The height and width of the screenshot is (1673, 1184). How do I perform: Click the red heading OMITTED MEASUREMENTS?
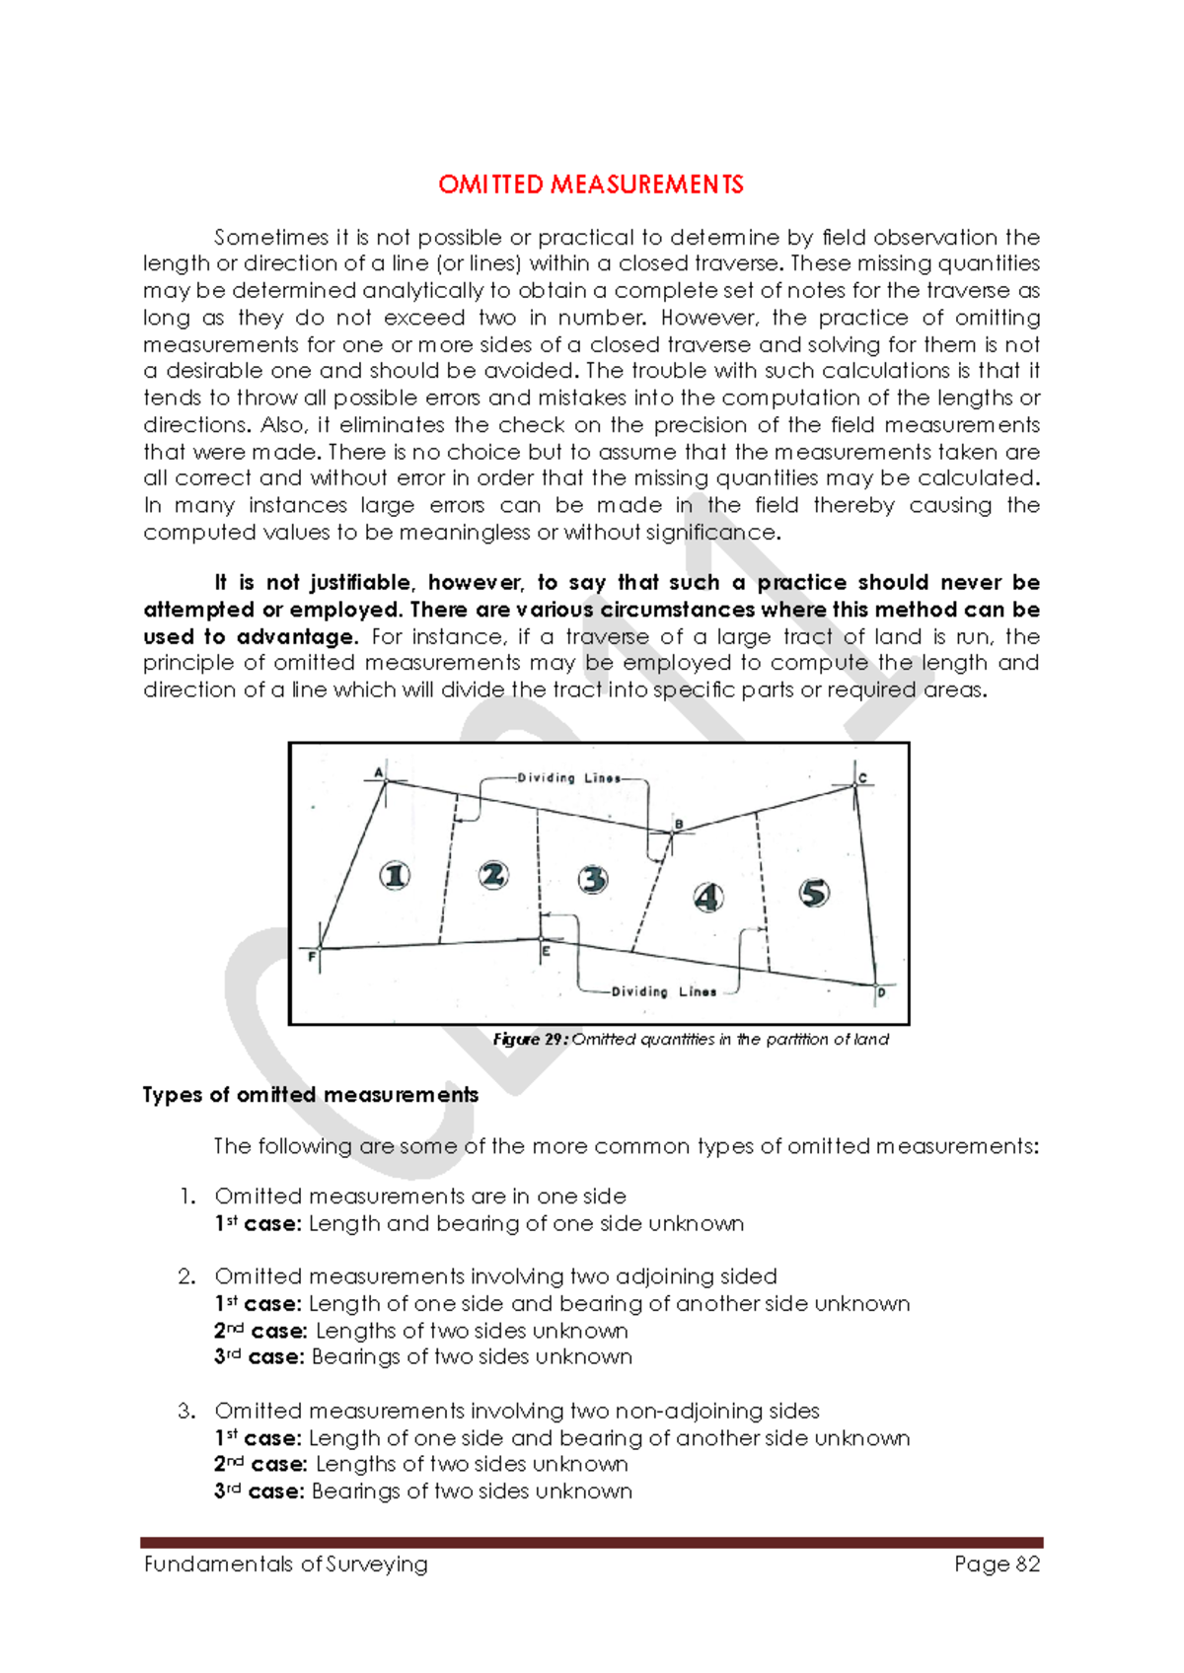tap(591, 184)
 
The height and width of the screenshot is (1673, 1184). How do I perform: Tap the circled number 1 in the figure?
tap(396, 875)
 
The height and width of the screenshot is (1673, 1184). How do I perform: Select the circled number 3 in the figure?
tap(593, 878)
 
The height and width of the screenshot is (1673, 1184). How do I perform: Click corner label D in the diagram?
tap(881, 993)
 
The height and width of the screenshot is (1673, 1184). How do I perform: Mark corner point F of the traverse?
tap(320, 949)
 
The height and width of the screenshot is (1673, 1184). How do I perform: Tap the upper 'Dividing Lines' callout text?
tap(569, 778)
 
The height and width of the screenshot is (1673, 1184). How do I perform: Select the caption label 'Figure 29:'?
tap(530, 1040)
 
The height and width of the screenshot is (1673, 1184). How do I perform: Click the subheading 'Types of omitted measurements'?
tap(311, 1095)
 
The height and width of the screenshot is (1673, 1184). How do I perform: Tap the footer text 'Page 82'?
tap(997, 1564)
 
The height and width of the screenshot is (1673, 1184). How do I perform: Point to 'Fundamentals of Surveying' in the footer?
tap(286, 1564)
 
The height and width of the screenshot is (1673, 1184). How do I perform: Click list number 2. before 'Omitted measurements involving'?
tap(187, 1276)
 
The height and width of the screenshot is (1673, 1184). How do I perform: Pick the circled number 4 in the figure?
tap(708, 897)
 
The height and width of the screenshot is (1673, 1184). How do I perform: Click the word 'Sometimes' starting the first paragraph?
tap(259, 238)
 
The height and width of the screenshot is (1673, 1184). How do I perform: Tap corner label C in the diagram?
tap(862, 778)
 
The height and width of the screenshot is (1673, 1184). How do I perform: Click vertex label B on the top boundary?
tap(679, 824)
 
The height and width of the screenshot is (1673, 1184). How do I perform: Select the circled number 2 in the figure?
tap(493, 874)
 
